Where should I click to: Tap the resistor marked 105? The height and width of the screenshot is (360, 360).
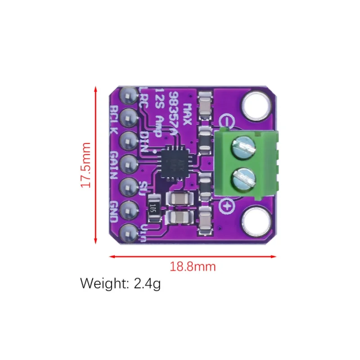tap(153, 208)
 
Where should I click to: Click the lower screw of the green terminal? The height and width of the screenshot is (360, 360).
tap(243, 179)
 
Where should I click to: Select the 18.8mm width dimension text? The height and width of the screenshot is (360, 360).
tap(193, 266)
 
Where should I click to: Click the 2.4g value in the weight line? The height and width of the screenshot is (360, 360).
tap(147, 284)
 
